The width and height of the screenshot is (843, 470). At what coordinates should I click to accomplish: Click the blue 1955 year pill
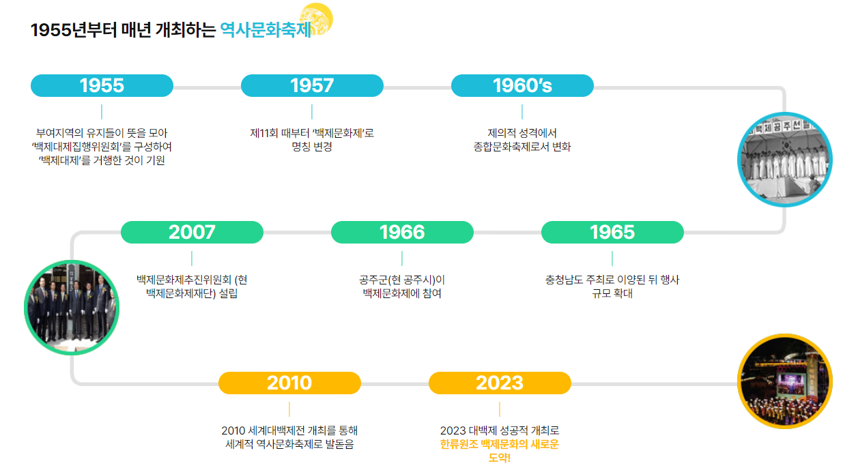[102, 85]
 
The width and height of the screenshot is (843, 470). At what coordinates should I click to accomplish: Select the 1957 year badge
[312, 85]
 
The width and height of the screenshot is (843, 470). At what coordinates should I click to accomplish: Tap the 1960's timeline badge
[522, 85]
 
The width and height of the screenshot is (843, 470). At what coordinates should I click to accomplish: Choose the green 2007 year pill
[192, 232]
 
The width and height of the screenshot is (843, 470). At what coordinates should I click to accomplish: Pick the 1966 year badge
[402, 232]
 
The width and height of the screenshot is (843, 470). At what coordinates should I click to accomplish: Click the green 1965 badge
[612, 232]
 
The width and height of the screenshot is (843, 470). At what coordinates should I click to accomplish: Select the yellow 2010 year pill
[289, 383]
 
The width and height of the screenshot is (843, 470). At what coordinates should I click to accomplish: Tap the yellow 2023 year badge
[500, 383]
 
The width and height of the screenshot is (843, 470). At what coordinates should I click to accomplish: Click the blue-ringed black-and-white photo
[784, 159]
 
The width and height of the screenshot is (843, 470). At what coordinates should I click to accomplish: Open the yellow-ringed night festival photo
[786, 381]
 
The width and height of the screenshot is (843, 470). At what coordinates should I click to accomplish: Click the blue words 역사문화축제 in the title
[266, 31]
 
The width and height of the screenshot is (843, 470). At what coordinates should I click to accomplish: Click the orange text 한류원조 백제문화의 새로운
[500, 444]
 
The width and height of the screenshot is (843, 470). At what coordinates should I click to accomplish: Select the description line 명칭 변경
[312, 147]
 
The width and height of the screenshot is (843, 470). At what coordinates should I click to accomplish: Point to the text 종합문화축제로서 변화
[522, 147]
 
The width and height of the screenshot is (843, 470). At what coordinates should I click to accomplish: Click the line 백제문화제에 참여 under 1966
[402, 293]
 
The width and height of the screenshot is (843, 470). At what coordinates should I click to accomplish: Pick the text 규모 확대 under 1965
[612, 293]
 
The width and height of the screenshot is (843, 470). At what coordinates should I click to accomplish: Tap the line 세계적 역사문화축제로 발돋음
[289, 444]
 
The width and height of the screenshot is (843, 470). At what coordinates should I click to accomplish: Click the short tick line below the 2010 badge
[289, 409]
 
